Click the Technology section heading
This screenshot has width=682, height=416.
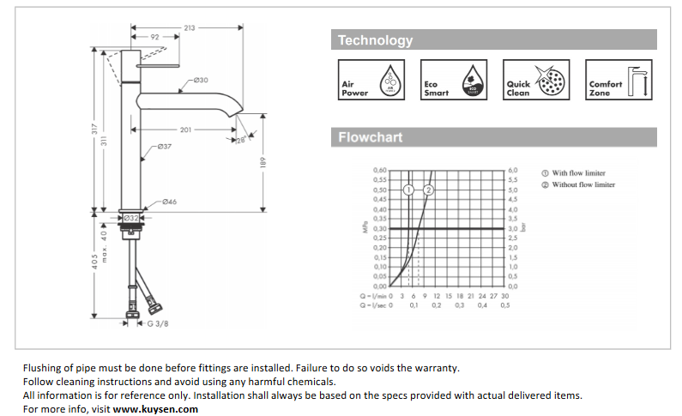click(x=375, y=40)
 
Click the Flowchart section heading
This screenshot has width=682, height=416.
click(x=370, y=137)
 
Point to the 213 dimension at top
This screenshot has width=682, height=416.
click(x=189, y=27)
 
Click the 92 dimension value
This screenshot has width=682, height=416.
click(x=155, y=38)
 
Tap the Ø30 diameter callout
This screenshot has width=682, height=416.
click(x=200, y=80)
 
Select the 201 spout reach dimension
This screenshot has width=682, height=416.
click(x=185, y=130)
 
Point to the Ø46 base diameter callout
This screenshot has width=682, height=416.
click(x=169, y=202)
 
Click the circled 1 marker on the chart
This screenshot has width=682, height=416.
click(x=409, y=189)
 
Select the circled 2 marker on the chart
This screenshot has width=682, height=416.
click(x=430, y=189)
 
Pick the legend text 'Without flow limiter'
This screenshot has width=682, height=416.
click(x=582, y=184)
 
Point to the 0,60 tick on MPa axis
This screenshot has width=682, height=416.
click(x=380, y=171)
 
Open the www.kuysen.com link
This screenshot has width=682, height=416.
click(x=155, y=409)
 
